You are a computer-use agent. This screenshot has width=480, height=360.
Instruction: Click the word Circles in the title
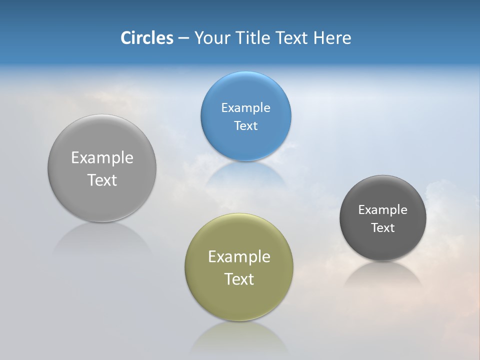[x=147, y=38]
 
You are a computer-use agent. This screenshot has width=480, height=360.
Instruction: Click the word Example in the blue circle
[x=245, y=108]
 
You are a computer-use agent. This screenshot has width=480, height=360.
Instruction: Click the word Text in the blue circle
[x=245, y=126]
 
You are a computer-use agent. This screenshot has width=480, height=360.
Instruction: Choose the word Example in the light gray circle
[x=102, y=158]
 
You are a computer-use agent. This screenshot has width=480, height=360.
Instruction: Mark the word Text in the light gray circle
[x=102, y=180]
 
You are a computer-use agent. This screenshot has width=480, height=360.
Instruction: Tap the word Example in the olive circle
[x=239, y=257]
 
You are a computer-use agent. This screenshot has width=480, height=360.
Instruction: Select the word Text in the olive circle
[x=239, y=279]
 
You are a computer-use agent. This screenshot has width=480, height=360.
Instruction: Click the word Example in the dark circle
[x=383, y=210]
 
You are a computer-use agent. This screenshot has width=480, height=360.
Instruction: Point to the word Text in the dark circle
[x=383, y=228]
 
